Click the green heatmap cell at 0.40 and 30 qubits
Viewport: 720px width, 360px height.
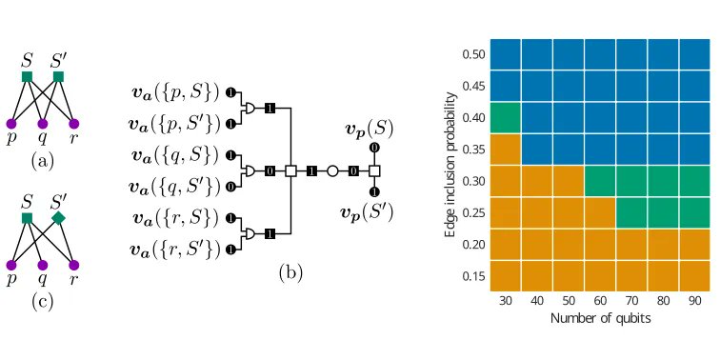505,118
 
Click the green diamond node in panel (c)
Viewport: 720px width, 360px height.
59,219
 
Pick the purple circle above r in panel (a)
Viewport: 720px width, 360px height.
74,123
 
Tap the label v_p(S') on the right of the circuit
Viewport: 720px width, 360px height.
368,211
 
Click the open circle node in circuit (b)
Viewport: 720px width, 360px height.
332,171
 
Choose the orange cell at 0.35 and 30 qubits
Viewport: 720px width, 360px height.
505,150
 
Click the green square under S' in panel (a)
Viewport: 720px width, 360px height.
59,76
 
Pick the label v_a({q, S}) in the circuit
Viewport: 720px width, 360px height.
177,155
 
